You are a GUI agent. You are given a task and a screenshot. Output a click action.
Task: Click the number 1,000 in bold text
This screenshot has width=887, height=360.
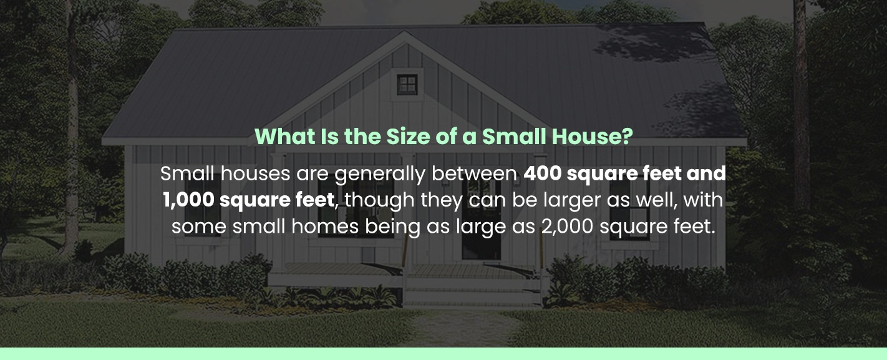click(x=188, y=200)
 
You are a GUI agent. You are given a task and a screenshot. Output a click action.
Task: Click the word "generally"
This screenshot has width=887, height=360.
click(x=380, y=174)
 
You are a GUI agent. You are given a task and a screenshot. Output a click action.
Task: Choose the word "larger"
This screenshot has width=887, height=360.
click(x=556, y=200)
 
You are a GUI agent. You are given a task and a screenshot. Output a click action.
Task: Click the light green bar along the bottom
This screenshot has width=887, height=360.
click(x=443, y=354)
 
